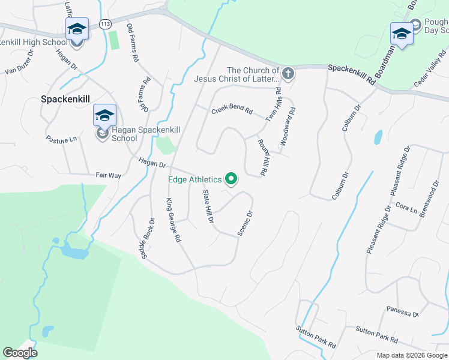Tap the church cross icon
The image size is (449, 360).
click(x=288, y=74)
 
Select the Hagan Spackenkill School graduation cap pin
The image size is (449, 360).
click(x=104, y=116)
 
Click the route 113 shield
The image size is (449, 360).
click(x=106, y=24)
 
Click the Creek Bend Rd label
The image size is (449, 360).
click(x=232, y=112)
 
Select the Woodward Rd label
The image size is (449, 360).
click(x=288, y=127)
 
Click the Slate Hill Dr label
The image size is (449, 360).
click(x=208, y=206)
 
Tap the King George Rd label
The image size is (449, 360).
click(x=173, y=220)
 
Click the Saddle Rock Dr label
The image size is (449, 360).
click(x=147, y=235)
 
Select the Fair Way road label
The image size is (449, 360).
click(x=109, y=175)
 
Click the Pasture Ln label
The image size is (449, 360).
click(x=62, y=139)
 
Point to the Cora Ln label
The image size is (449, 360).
click(x=406, y=208)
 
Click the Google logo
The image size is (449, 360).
click(x=20, y=353)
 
